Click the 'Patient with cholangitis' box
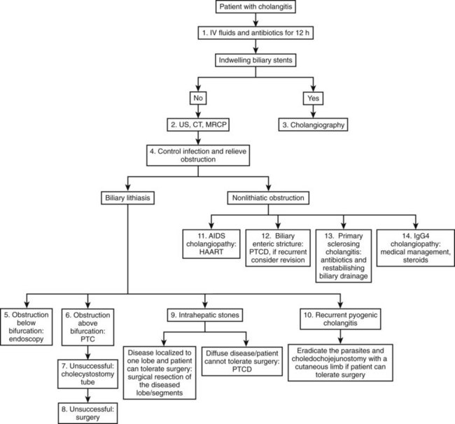point(255,7)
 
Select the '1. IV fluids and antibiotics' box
point(255,33)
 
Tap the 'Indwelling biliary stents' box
point(255,60)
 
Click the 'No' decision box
point(198,98)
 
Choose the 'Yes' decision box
point(313,99)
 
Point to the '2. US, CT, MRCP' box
point(198,125)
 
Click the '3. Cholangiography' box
point(313,125)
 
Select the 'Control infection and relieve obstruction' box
point(198,155)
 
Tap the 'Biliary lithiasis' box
point(127,198)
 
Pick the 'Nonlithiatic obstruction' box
point(268,198)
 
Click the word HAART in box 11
point(211,252)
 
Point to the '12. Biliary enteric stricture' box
point(278,248)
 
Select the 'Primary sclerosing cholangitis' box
point(344,256)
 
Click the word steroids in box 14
point(415,260)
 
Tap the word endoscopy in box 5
point(26,339)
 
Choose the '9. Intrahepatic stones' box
point(205,315)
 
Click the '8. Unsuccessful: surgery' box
point(87,414)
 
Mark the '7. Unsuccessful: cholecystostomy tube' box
point(87,374)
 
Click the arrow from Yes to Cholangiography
point(313,111)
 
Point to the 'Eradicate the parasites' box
point(340,362)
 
